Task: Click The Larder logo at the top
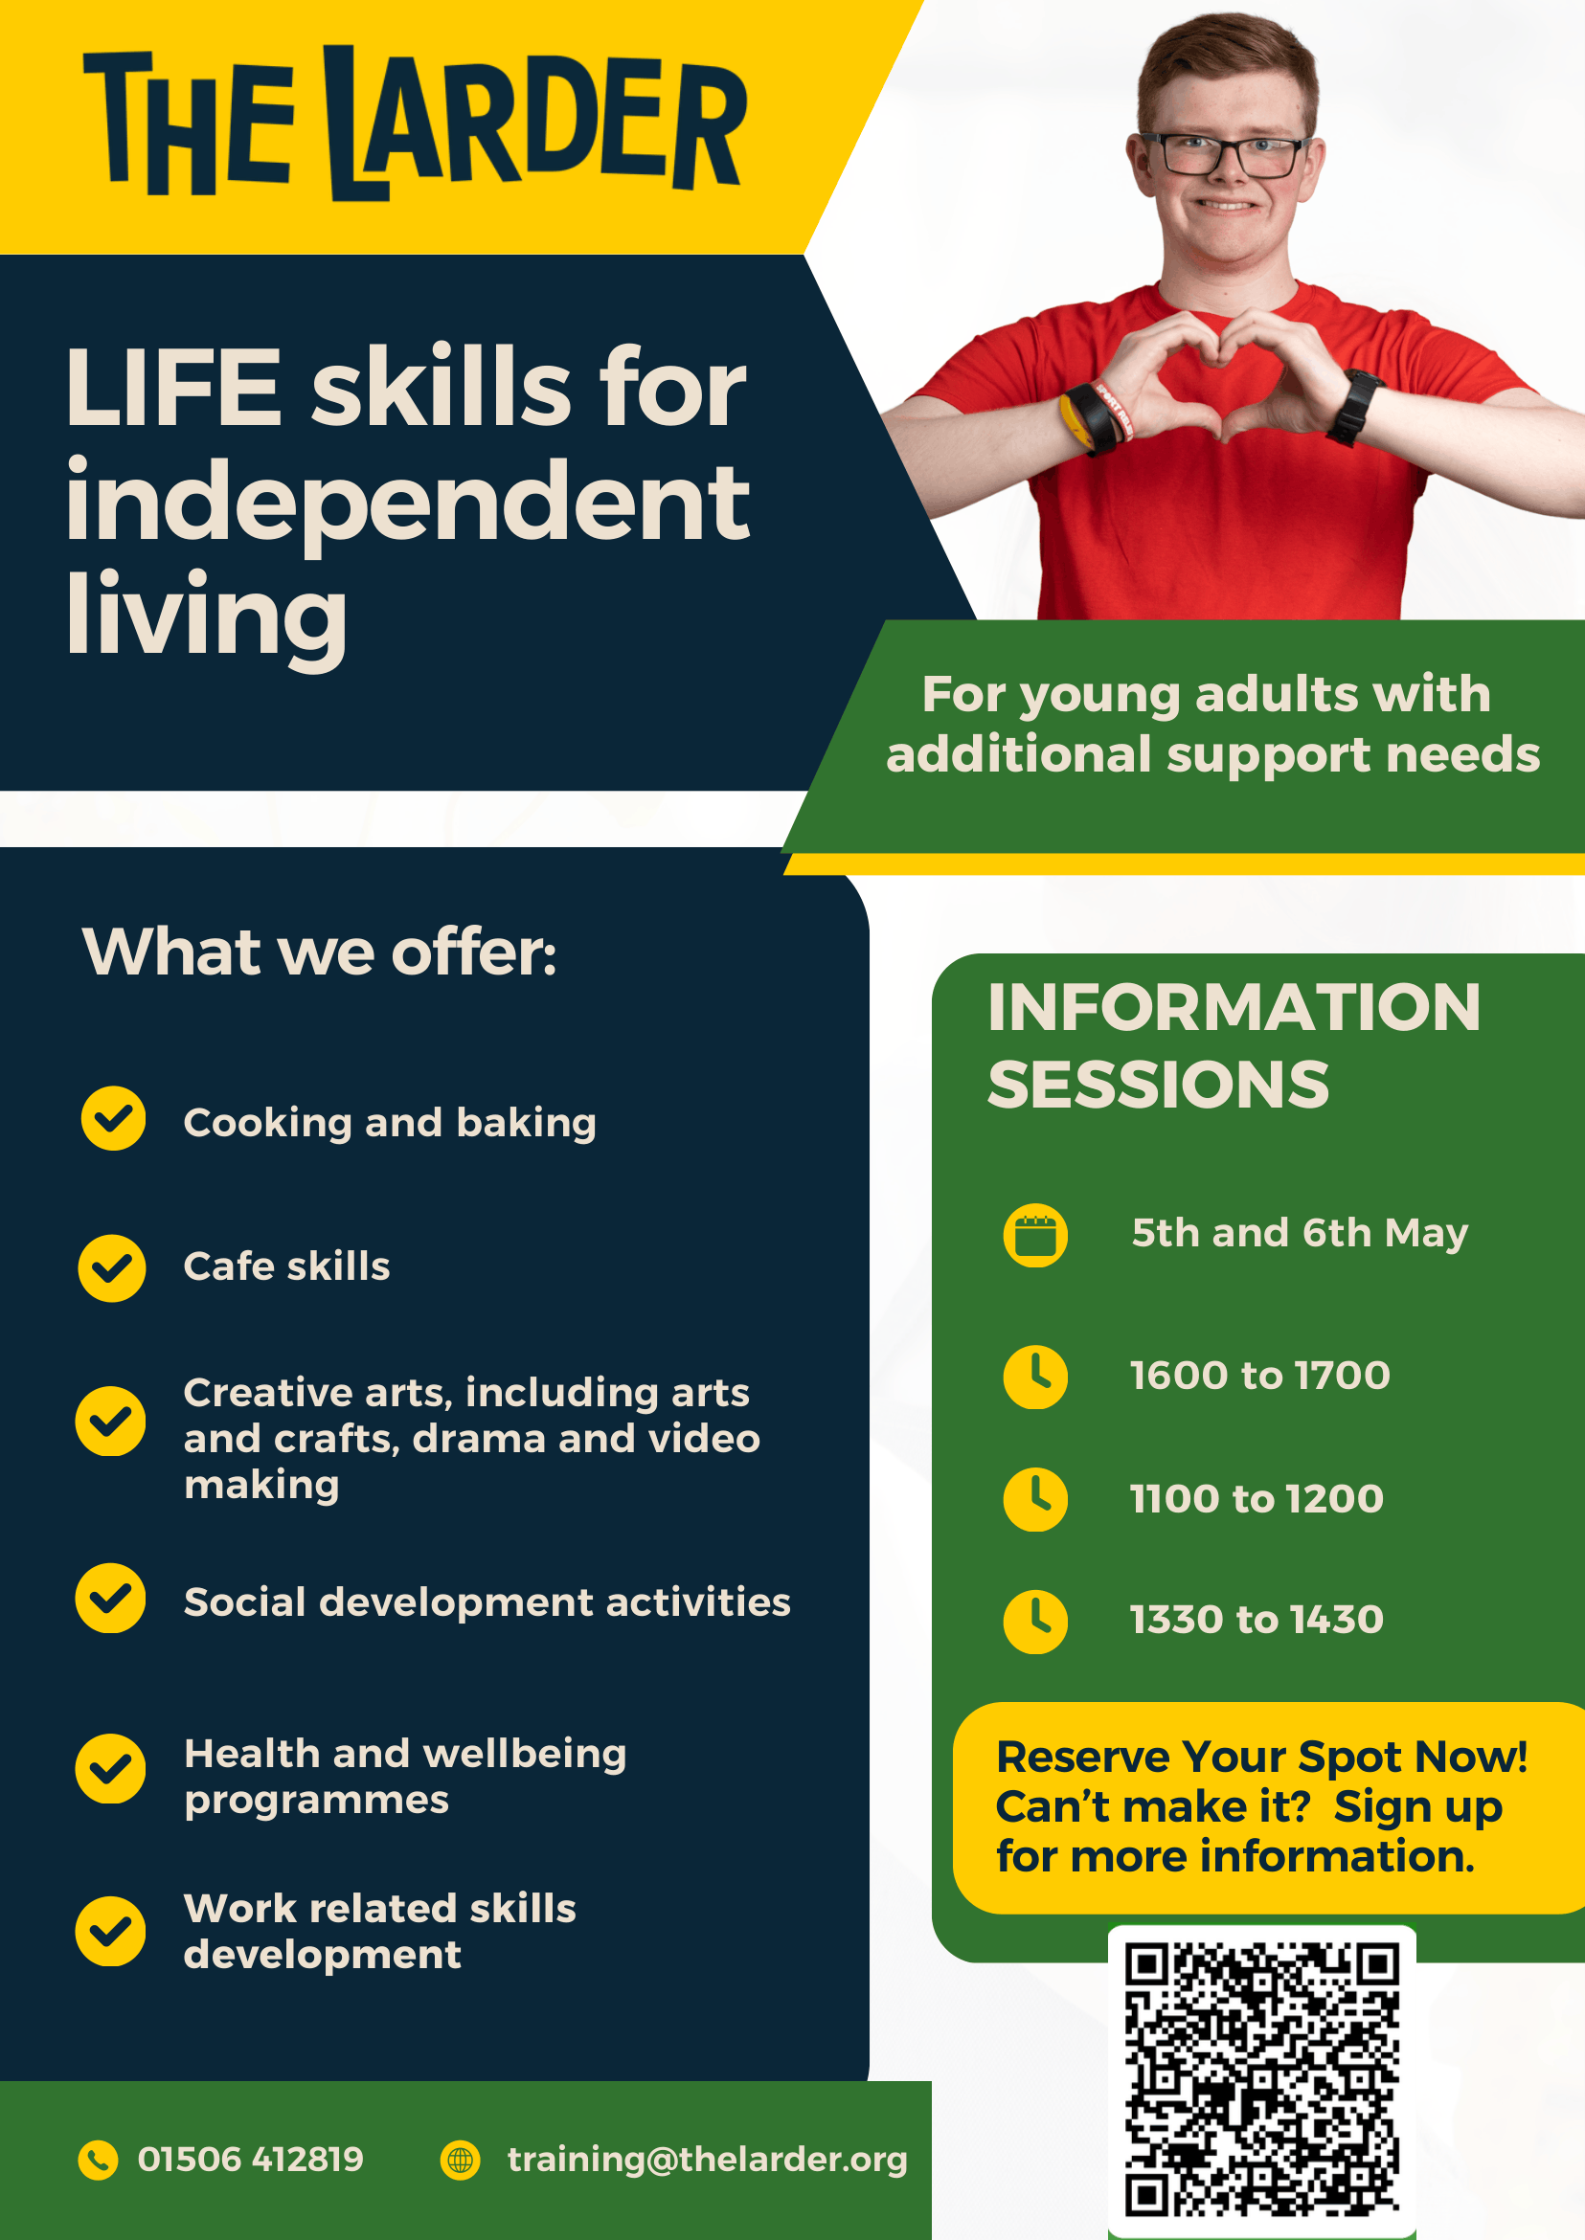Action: [415, 123]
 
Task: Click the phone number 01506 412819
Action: [251, 2159]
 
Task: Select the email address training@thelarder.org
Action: [707, 2160]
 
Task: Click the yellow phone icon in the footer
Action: [98, 2160]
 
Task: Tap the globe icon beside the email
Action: [460, 2160]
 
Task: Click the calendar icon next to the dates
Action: [1035, 1235]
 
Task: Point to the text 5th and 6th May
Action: [1299, 1233]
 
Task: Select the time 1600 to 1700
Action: [1260, 1376]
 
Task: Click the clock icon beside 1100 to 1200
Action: [1035, 1498]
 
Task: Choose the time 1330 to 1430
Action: [1257, 1620]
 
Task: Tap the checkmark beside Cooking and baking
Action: [113, 1118]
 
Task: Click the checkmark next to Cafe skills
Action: [112, 1268]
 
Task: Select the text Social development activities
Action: [487, 1602]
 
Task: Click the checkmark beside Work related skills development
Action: [110, 1931]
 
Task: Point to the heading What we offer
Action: [319, 952]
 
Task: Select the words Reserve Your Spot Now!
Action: [1262, 1758]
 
